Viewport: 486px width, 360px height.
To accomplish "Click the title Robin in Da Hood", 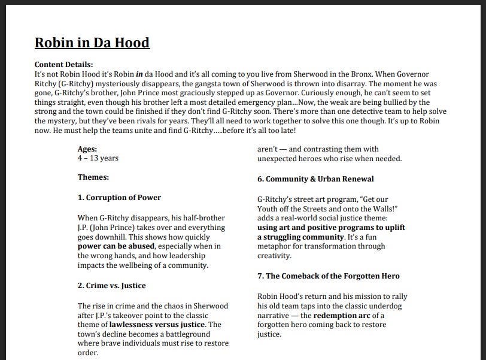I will [x=92, y=43].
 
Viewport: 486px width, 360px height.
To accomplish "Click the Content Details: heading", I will [x=63, y=65].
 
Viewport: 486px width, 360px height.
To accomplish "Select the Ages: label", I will [x=87, y=149].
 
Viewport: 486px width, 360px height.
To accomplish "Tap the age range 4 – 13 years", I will [x=98, y=158].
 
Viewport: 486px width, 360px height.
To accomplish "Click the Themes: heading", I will [x=93, y=177].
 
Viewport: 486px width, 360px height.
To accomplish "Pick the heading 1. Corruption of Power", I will [x=119, y=197].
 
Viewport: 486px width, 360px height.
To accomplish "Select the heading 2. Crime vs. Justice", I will [x=111, y=286].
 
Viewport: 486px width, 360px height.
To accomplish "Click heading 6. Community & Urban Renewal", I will [x=315, y=179].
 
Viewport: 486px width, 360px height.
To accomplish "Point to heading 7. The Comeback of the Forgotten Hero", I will [x=329, y=276].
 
